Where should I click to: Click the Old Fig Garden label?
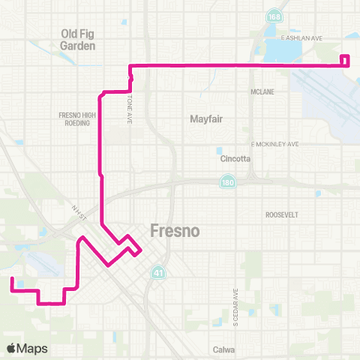pos(79,39)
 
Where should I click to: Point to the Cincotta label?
pos(235,159)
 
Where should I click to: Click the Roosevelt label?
pos(283,214)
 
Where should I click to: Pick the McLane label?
pos(262,92)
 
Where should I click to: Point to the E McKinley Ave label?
pos(274,143)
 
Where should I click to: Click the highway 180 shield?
pos(226,182)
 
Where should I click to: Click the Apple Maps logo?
pos(27,348)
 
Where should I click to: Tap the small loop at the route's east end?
pos(345,61)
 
